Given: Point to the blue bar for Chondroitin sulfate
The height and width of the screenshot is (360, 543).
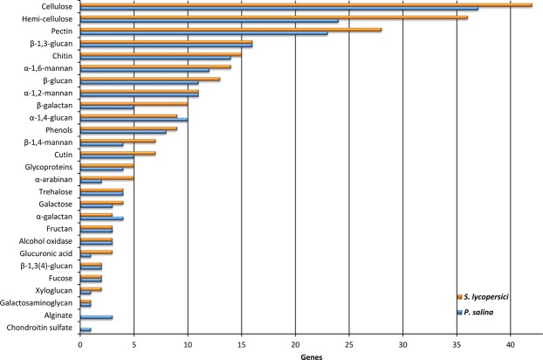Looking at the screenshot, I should pos(86,329).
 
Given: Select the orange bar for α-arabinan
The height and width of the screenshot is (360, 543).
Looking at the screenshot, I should pos(107,177).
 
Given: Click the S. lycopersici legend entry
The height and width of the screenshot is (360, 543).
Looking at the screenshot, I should pos(485,298).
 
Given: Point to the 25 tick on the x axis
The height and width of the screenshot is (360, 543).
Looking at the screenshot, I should pos(349,343).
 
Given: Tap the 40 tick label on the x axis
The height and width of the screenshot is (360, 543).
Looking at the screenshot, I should pos(511,343).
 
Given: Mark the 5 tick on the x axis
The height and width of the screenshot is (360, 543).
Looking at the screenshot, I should pos(134,343).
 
